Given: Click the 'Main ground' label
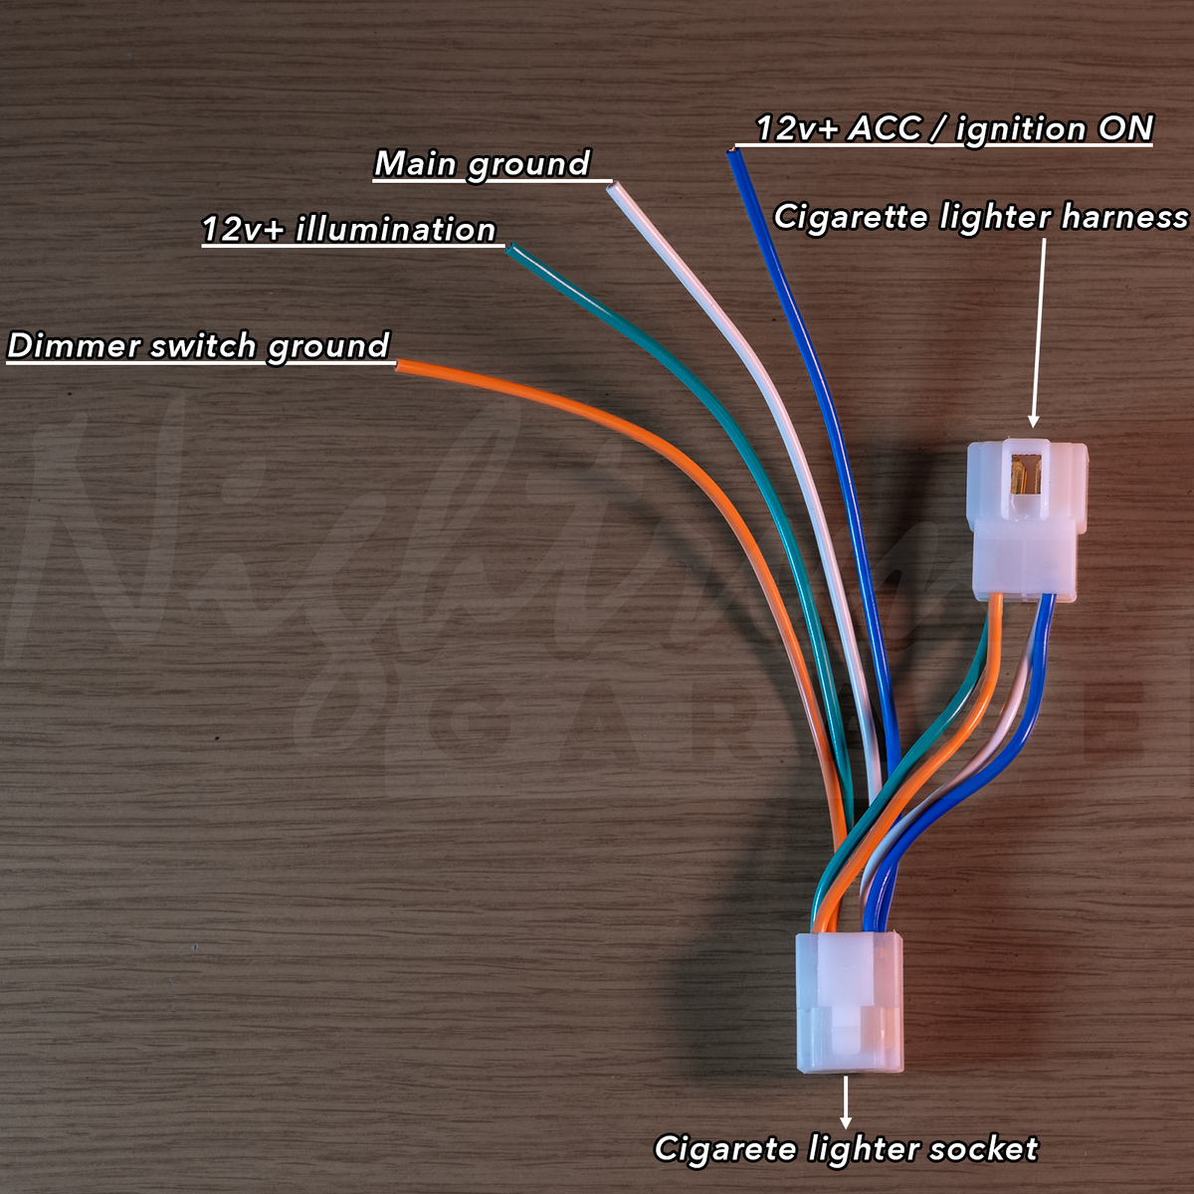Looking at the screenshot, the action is point(482,165).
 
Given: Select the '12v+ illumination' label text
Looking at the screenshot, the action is point(349,229).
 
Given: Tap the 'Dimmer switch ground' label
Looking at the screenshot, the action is point(198,346).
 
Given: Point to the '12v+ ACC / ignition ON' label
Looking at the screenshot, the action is point(954,129).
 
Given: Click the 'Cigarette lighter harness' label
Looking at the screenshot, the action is point(981,217).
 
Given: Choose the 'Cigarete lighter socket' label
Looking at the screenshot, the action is point(847,1148).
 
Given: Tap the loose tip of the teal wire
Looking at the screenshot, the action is point(510,250).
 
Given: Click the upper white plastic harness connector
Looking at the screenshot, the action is point(1027,520).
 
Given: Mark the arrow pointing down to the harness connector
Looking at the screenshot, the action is point(1038,332).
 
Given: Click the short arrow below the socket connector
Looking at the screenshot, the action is point(845,1102).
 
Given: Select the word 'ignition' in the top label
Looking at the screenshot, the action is point(1021,129).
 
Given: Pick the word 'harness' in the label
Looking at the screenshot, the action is point(1124,217).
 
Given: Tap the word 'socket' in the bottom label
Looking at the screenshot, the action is point(983,1148).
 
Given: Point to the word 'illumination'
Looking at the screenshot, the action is point(396,229).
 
